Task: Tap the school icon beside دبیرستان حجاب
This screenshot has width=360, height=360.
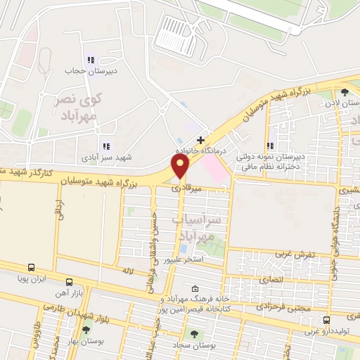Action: [89, 60]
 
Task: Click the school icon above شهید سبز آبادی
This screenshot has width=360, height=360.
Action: [105, 146]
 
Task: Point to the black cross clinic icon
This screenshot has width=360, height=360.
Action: [201, 141]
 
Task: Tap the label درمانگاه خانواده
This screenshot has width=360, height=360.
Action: [202, 151]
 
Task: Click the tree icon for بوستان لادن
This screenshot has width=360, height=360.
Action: [344, 92]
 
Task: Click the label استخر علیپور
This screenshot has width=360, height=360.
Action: [184, 260]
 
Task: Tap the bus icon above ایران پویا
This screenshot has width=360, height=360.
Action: [31, 267]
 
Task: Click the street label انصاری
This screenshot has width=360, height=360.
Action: [271, 279]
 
